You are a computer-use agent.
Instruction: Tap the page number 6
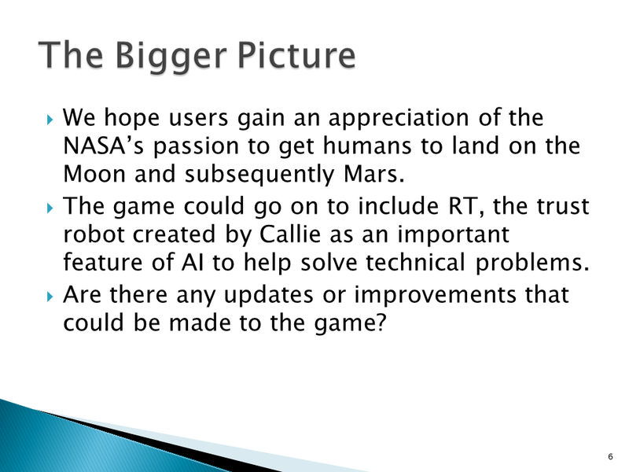pos(610,457)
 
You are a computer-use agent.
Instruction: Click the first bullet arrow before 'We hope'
pos(50,120)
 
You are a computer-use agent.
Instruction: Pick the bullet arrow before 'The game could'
pos(50,208)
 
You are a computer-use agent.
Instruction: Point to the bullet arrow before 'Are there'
pos(50,297)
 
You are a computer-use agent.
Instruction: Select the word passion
pos(206,147)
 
